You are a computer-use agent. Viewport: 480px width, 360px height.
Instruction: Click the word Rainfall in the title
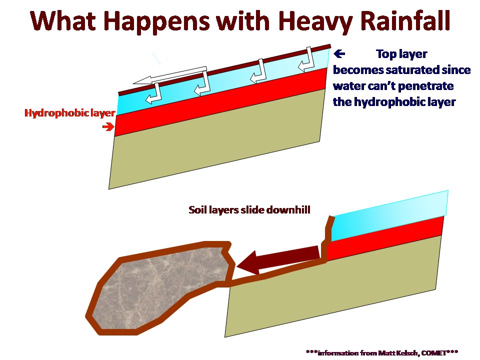coord(404,21)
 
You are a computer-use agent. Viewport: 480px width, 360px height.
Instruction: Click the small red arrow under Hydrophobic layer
coord(108,126)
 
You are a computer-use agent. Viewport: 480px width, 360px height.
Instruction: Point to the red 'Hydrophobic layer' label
coord(70,113)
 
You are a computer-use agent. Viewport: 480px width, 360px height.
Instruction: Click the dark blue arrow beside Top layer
coord(339,54)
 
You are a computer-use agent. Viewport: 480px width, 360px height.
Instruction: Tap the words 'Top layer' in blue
coord(401,54)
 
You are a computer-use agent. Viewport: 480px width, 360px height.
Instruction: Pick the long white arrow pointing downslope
coord(170,75)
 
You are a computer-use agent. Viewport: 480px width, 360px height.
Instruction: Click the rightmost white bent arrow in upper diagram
coord(306,60)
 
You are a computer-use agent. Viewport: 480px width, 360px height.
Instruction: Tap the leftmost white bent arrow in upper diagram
coord(153,93)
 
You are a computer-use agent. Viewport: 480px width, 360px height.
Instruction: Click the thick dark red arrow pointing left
coord(278,260)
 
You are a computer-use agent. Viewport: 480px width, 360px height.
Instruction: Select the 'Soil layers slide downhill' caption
coord(249,210)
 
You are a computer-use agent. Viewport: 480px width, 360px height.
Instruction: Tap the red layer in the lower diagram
coord(385,238)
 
